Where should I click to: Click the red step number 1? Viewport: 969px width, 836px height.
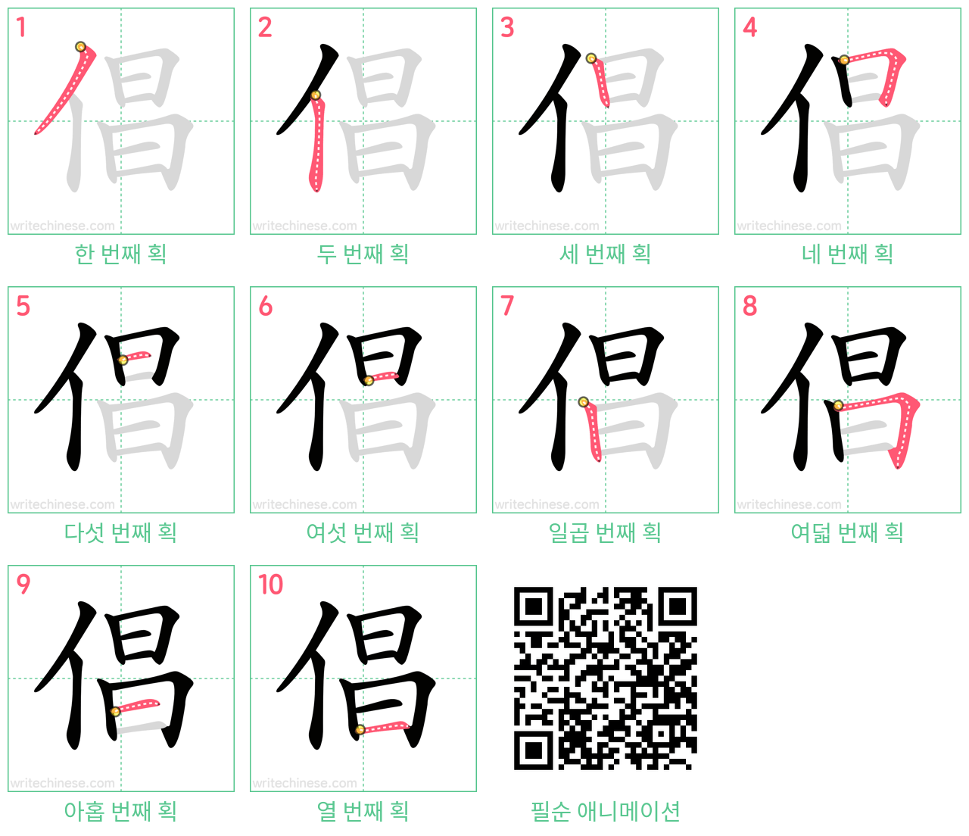tap(20, 27)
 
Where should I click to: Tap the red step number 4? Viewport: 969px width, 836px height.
tap(749, 27)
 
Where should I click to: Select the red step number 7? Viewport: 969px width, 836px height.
tap(507, 306)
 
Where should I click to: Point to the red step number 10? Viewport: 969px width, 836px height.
tap(270, 584)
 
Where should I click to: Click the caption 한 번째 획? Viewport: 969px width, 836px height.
tap(121, 254)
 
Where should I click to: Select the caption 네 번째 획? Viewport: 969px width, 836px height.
tap(848, 254)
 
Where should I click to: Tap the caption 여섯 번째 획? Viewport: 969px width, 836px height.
tap(363, 532)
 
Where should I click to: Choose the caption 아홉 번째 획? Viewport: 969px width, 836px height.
tap(121, 811)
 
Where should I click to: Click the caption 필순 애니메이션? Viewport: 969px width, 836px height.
tap(605, 811)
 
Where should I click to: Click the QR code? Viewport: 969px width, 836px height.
tap(605, 678)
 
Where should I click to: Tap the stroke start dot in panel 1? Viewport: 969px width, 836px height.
tap(80, 46)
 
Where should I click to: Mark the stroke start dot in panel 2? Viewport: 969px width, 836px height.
tap(316, 95)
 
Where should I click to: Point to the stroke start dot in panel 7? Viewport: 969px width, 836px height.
tap(583, 402)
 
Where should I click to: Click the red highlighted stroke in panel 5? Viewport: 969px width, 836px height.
tap(136, 356)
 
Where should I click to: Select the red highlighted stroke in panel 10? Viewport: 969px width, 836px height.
tap(384, 727)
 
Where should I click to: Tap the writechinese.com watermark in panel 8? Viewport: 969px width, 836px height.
tap(789, 504)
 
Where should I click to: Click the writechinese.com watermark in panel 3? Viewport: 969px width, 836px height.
tap(547, 226)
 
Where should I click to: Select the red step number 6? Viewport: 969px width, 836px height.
tap(265, 306)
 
